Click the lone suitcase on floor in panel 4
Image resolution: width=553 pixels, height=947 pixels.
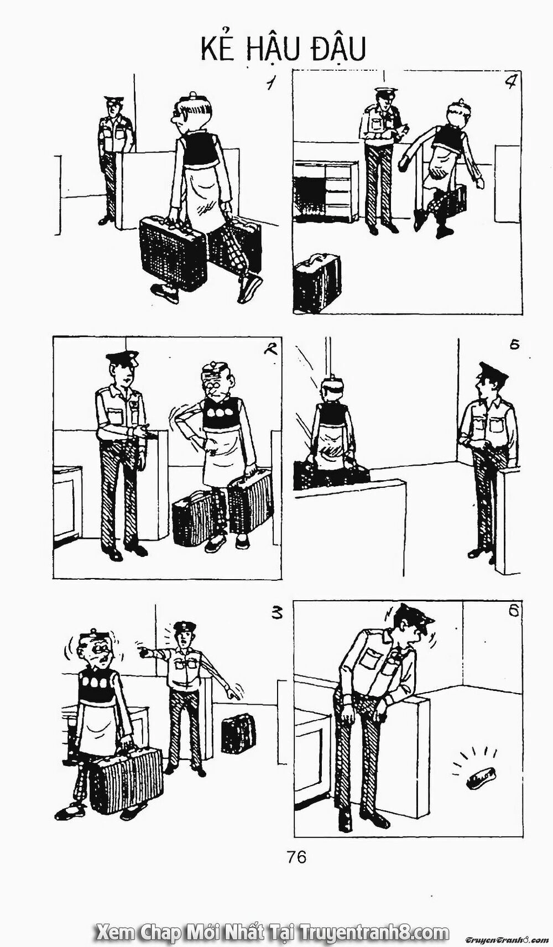click(x=316, y=282)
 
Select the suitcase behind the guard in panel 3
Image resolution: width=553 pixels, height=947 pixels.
click(x=238, y=733)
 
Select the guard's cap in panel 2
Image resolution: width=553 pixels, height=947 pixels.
click(x=122, y=357)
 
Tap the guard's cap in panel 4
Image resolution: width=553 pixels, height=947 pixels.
click(x=385, y=91)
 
